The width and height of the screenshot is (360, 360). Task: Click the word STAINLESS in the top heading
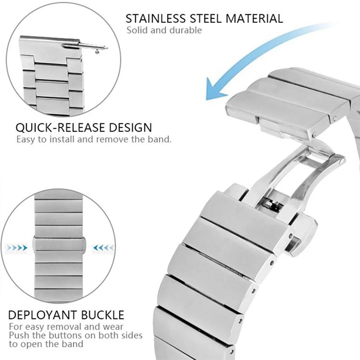tap(155, 18)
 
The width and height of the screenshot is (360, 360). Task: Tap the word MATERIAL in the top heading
tap(254, 18)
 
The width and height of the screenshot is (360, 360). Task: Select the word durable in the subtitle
tap(185, 30)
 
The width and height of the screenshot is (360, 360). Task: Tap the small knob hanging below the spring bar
tap(98, 53)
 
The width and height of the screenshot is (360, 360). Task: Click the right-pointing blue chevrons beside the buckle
tap(17, 248)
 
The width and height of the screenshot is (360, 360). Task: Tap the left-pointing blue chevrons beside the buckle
tap(103, 248)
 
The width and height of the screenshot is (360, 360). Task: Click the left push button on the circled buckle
tap(34, 244)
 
